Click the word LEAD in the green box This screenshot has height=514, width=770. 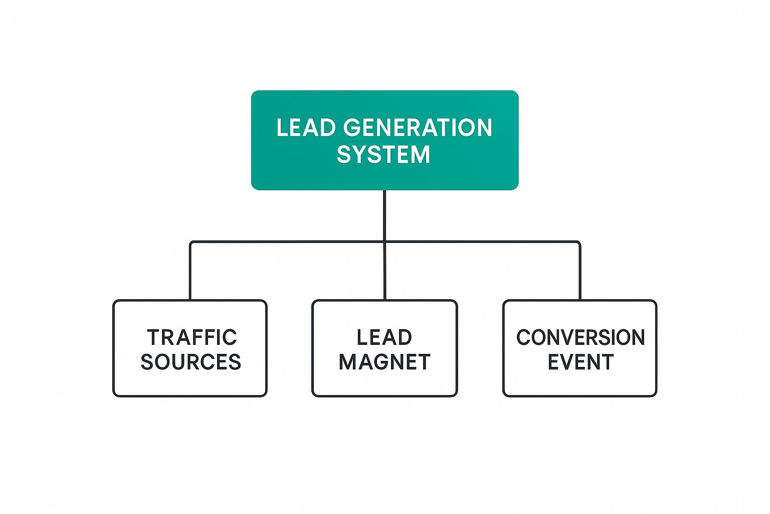(x=306, y=128)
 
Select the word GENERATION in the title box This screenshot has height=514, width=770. (x=418, y=128)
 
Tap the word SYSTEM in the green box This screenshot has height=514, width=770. (x=384, y=154)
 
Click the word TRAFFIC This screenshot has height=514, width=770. (x=191, y=338)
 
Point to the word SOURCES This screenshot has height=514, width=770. (x=190, y=362)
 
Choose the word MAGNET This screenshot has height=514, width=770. (x=384, y=362)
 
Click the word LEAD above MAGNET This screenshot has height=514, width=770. (x=384, y=338)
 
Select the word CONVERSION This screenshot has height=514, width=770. (x=581, y=338)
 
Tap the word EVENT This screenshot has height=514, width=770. (x=581, y=362)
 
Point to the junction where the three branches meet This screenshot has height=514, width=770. (x=384, y=242)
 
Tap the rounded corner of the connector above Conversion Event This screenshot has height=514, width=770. (x=579, y=243)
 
